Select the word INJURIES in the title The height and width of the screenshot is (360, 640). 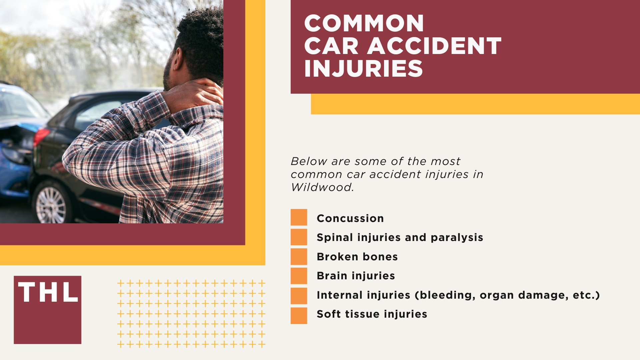point(363,69)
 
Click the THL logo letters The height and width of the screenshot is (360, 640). point(48,292)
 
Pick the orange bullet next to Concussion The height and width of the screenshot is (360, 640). point(299,217)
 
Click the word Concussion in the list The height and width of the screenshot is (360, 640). point(350,218)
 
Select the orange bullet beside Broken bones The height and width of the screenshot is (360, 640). point(299,256)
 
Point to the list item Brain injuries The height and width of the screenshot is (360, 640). point(356,276)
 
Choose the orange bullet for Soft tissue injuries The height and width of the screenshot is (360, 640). point(299,316)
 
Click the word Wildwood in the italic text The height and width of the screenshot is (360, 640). point(321,187)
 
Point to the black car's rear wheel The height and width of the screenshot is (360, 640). point(51,204)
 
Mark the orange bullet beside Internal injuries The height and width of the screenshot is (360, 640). point(299,296)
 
